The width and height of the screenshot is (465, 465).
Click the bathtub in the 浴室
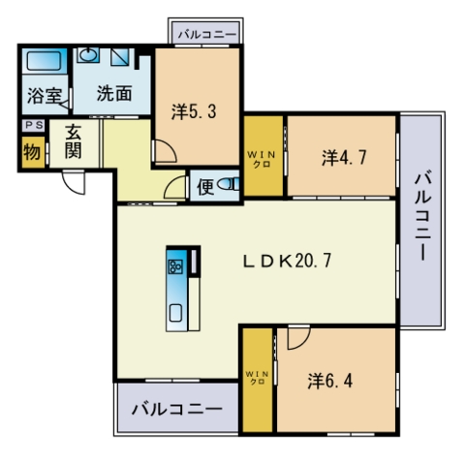(x=45, y=61)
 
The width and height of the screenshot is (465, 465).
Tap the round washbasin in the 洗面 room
(x=88, y=55)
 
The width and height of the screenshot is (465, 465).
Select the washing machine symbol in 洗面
(x=120, y=56)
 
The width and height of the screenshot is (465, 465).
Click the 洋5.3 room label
(x=194, y=111)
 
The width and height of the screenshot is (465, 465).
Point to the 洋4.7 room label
(x=344, y=158)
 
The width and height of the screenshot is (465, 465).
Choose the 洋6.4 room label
(x=330, y=381)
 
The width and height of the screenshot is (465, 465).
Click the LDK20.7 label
(x=287, y=261)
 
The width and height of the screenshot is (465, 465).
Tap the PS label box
(x=34, y=125)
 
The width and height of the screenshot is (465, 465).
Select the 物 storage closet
(x=33, y=152)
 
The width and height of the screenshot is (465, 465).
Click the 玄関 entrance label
(x=74, y=141)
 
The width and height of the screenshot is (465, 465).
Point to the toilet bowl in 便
(x=228, y=184)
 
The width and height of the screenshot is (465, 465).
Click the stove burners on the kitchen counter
(x=175, y=266)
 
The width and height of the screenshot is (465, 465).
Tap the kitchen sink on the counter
(x=175, y=313)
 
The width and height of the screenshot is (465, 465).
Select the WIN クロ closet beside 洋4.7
(x=263, y=156)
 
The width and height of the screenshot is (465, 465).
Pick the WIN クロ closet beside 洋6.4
(x=258, y=380)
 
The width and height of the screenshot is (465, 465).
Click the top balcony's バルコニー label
(x=207, y=34)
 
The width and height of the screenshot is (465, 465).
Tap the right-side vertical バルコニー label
(x=423, y=217)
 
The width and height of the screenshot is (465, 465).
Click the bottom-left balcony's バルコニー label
(x=177, y=410)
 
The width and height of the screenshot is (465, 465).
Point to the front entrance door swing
(x=74, y=182)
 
